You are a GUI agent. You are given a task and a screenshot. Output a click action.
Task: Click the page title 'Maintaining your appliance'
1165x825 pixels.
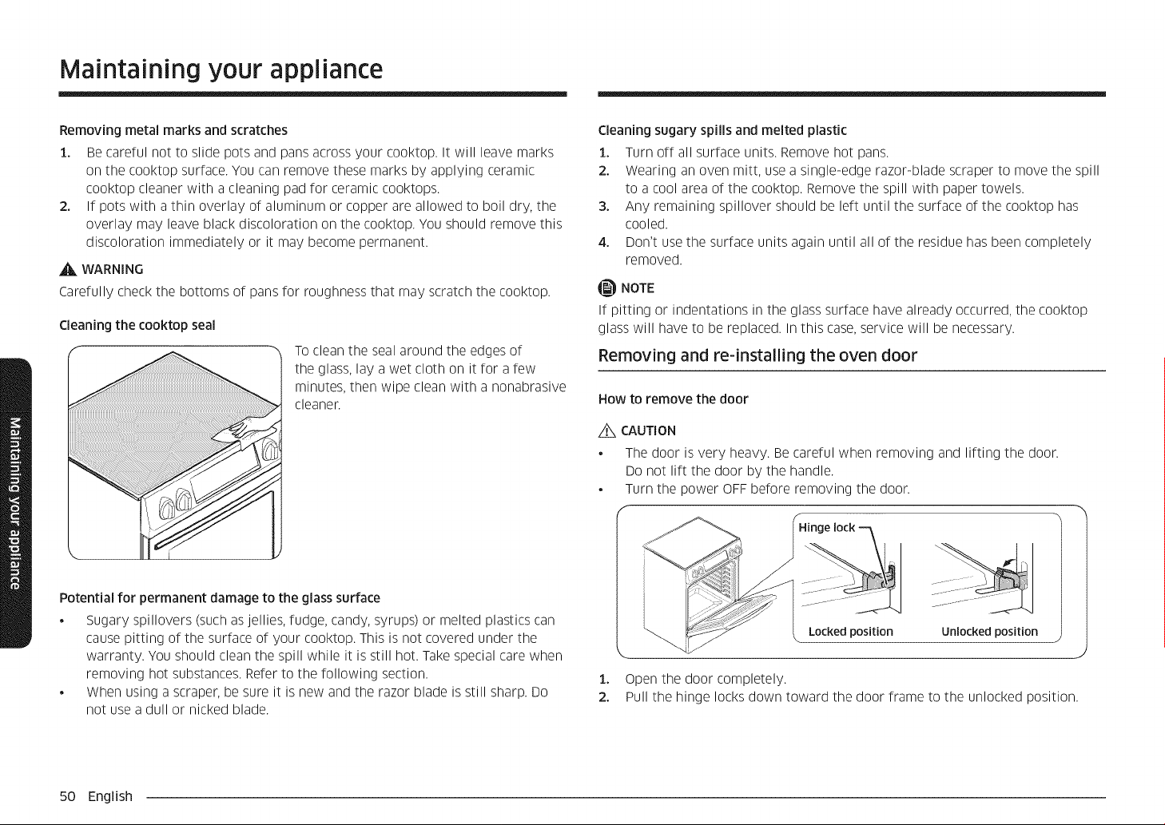[x=221, y=70]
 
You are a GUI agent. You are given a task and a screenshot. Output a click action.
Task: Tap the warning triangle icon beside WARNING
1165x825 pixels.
[x=68, y=269]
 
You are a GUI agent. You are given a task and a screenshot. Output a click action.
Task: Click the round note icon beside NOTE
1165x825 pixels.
[x=607, y=288]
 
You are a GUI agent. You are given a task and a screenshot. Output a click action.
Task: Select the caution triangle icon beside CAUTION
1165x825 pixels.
[x=607, y=431]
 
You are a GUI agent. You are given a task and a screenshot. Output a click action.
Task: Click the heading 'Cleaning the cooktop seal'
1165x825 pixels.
[x=137, y=326]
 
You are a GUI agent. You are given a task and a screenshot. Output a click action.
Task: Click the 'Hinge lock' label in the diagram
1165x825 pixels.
[x=826, y=528]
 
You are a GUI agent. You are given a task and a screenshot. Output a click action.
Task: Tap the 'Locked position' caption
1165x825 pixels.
[x=850, y=632]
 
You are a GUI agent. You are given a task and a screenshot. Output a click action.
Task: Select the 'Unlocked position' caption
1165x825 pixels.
[x=989, y=632]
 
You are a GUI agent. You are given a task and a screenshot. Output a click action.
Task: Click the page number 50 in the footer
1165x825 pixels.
[x=68, y=796]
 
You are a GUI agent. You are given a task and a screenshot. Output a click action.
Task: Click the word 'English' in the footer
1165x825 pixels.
[x=110, y=797]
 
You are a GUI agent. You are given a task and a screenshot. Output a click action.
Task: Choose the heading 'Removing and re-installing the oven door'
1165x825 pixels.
[x=757, y=355]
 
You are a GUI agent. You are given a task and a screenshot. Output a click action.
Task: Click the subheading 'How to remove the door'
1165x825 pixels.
[x=673, y=399]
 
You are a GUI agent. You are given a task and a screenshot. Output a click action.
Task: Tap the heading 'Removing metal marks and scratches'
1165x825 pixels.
[x=173, y=130]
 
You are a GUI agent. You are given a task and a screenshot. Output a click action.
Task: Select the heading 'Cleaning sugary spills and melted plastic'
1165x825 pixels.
[x=722, y=130]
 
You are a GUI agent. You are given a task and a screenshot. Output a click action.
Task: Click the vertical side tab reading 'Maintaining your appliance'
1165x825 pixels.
[x=16, y=502]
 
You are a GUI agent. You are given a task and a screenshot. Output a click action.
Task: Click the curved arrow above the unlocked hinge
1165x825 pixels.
[x=1008, y=563]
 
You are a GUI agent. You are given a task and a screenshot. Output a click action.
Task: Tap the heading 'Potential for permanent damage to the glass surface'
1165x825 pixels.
[x=220, y=598]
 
